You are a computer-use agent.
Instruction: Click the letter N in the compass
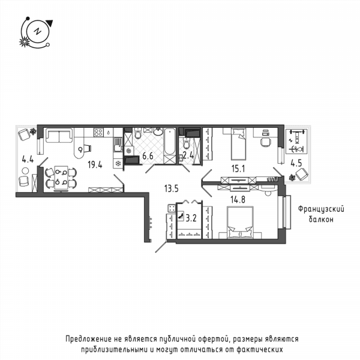pyautogui.click(x=37, y=31)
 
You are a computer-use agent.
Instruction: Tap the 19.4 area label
pyautogui.click(x=95, y=164)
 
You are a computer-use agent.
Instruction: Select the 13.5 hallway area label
pyautogui.click(x=171, y=189)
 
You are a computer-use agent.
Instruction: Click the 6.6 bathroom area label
pyautogui.click(x=148, y=156)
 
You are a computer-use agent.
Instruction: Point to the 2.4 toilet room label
pyautogui.click(x=188, y=155)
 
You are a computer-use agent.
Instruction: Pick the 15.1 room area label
pyautogui.click(x=238, y=169)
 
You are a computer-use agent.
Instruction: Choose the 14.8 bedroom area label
pyautogui.click(x=238, y=200)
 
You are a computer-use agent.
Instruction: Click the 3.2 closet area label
pyautogui.click(x=191, y=218)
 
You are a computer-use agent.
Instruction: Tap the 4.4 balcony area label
pyautogui.click(x=28, y=159)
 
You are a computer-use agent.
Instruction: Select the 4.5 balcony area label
pyautogui.click(x=296, y=163)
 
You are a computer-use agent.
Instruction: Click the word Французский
pyautogui.click(x=321, y=209)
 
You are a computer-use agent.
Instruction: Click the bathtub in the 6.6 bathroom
pyautogui.click(x=170, y=142)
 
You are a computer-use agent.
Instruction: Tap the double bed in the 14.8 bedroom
pyautogui.click(x=240, y=223)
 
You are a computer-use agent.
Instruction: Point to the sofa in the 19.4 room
pyautogui.click(x=59, y=136)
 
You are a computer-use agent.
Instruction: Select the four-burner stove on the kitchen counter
pyautogui.click(x=98, y=133)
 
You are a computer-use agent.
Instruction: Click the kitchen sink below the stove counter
pyautogui.click(x=118, y=145)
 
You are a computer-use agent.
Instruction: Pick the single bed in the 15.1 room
pyautogui.click(x=238, y=144)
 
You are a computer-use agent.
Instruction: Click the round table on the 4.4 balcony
pyautogui.click(x=25, y=171)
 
